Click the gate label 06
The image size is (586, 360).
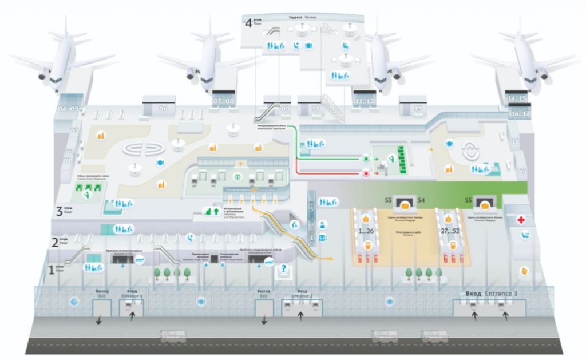[164, 108]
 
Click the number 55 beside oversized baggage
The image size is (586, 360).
[468, 200]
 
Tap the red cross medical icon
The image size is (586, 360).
[521, 220]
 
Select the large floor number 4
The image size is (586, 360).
[248, 23]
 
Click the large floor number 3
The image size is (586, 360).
[58, 210]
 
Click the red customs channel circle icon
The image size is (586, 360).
[365, 172]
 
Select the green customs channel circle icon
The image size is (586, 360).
[365, 157]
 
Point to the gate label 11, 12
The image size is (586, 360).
[365, 101]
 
